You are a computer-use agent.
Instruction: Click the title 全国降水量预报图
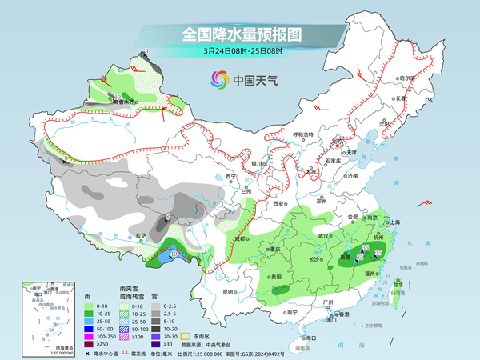(x=240, y=34)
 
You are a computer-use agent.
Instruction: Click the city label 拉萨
(x=142, y=235)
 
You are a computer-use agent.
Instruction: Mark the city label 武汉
(x=323, y=236)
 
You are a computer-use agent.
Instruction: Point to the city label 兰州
(x=246, y=192)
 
